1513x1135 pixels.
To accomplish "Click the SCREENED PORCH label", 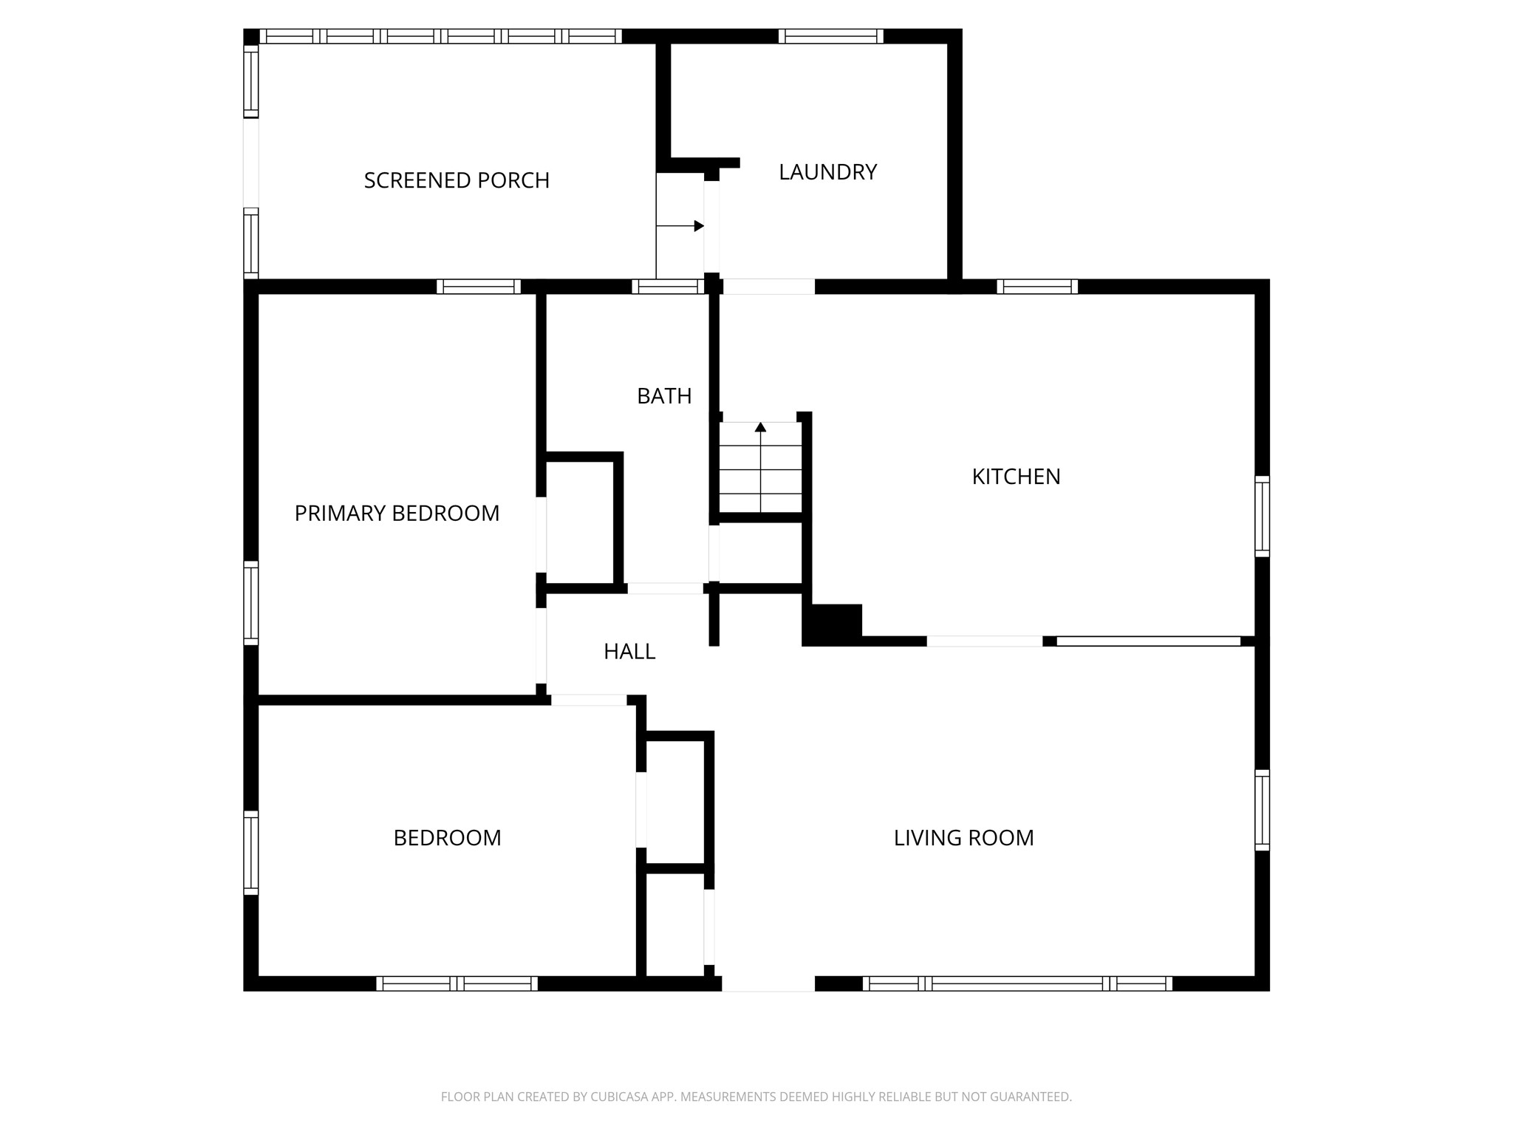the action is (457, 180).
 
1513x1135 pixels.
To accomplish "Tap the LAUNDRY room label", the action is (827, 172).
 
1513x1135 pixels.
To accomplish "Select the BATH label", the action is (664, 396).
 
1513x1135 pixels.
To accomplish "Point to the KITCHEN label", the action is (1016, 477).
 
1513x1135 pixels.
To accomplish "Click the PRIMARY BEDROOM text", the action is (397, 513).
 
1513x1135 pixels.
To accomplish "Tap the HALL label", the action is (629, 651).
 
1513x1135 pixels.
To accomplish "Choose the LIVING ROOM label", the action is (963, 837).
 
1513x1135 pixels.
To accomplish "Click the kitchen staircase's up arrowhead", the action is (760, 427).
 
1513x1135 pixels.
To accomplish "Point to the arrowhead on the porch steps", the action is (699, 226).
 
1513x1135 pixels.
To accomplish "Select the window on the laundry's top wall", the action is (831, 36).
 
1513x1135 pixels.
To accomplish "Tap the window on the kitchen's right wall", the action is (1262, 517).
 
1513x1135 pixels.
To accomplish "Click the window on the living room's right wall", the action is (1262, 810).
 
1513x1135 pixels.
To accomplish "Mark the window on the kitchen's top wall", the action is (1037, 287).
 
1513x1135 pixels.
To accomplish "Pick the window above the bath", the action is (668, 287).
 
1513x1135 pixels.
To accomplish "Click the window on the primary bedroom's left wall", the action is (251, 603).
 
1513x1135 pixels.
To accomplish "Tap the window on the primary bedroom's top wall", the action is (479, 287).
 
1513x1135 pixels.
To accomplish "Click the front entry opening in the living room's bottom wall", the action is (768, 984).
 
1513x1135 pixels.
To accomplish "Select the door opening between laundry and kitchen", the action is (768, 287).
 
